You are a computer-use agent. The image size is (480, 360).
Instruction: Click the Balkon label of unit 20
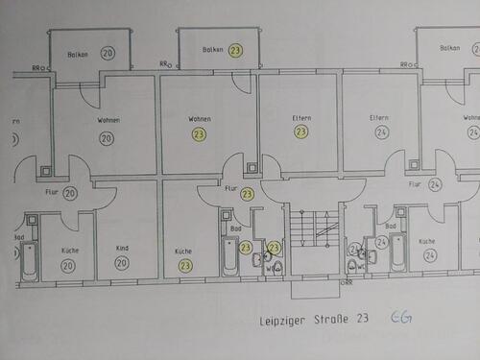pos(79,54)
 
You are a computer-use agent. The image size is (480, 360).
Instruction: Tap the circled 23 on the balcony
pos(235,50)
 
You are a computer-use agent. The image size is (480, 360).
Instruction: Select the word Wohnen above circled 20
pos(108,120)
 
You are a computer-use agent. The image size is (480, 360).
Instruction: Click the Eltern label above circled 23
pos(301,117)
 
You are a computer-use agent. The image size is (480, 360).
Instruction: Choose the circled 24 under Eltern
pos(382,132)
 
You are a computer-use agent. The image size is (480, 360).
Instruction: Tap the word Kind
pos(122,248)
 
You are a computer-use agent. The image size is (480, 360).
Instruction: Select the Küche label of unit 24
pos(427,241)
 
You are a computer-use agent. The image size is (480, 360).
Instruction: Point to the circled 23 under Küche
pos(184,264)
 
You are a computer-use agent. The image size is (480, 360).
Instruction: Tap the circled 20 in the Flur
pos(71,194)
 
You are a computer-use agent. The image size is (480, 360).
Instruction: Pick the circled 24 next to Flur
pos(435,183)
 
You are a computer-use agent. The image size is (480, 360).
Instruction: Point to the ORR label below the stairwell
pos(347,283)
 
